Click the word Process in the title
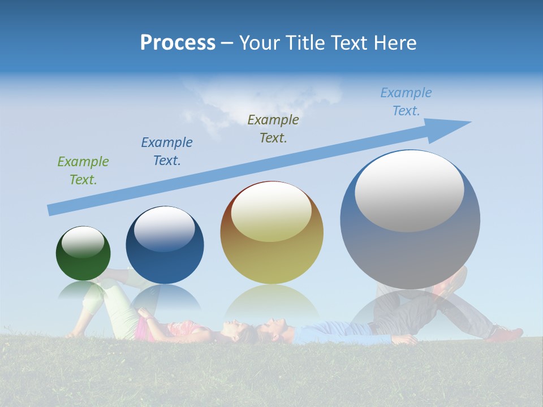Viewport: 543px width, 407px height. point(178,42)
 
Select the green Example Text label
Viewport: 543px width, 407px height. point(83,170)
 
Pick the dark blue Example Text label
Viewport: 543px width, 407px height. point(167,151)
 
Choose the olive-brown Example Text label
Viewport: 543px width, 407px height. point(273,128)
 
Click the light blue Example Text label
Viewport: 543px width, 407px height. point(406,102)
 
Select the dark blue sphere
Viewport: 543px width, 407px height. point(165,254)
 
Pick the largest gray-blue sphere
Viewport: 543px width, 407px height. point(410,249)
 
